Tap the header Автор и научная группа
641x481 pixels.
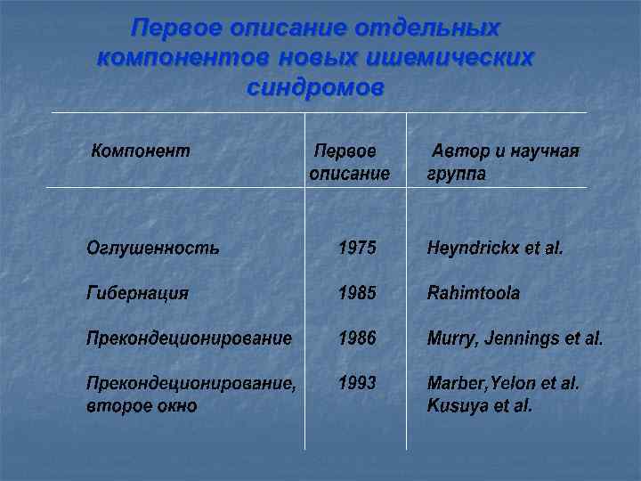(x=503, y=162)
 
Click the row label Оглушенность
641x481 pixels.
(x=152, y=247)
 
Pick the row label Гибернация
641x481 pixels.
(x=137, y=292)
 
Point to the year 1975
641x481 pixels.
(x=357, y=247)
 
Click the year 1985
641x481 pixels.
(x=357, y=292)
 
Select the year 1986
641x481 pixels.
(x=357, y=338)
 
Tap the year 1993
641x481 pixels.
(x=357, y=384)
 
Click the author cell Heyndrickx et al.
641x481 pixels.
(x=495, y=247)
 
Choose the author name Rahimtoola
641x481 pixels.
(x=474, y=292)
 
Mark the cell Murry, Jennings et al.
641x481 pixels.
(x=515, y=338)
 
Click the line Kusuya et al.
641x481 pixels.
(x=480, y=406)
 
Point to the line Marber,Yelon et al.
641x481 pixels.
(x=504, y=384)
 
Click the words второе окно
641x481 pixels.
(x=142, y=406)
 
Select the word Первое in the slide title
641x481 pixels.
(x=177, y=29)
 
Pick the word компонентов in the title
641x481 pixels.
(x=184, y=58)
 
